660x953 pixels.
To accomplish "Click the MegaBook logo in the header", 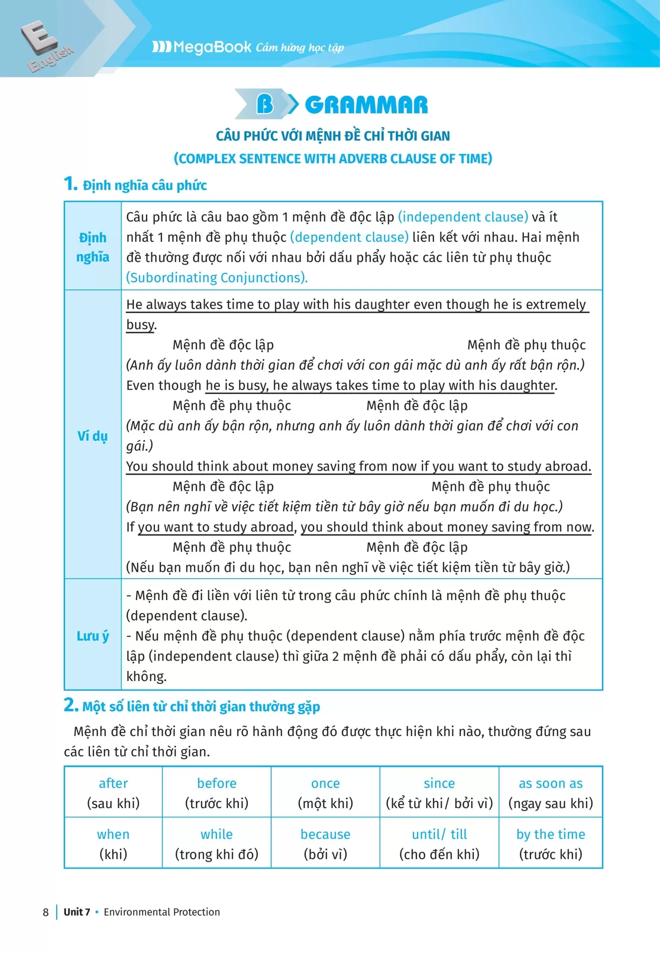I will (202, 47).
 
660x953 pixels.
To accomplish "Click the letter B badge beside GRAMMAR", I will (265, 104).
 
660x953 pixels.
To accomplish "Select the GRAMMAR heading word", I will (366, 105).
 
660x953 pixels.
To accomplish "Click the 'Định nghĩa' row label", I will (93, 247).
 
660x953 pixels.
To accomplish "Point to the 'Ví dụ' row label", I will (93, 436).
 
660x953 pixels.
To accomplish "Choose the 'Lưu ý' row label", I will (93, 636).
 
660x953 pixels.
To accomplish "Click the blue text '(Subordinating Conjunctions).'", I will (217, 277).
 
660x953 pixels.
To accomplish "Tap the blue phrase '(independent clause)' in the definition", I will (463, 217).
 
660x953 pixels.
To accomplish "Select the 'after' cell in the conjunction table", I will (113, 793).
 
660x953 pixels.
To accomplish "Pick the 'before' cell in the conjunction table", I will (217, 793).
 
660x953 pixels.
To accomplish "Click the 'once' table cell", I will (325, 793).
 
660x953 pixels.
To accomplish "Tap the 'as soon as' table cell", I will (550, 793).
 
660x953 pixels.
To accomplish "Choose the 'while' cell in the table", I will (217, 843).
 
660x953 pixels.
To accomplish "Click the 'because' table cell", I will (325, 843).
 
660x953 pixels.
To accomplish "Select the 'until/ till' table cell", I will (439, 843).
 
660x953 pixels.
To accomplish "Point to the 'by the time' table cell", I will (550, 843).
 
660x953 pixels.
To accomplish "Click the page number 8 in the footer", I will (46, 912).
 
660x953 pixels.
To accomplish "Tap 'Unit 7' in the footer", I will (77, 912).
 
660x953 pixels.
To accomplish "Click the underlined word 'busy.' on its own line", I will (141, 325).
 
